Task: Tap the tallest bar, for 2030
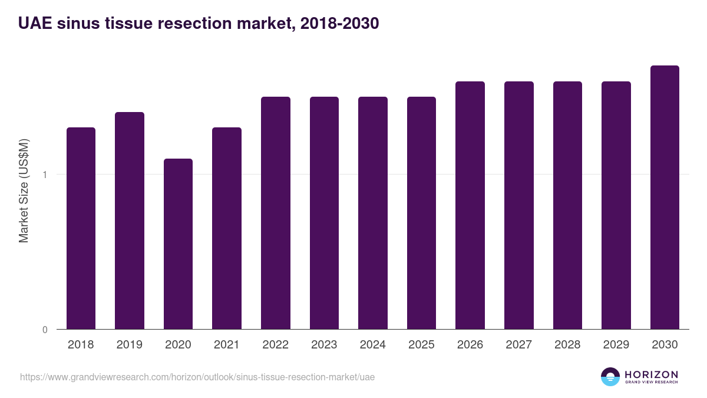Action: (x=665, y=197)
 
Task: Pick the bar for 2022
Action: (x=275, y=213)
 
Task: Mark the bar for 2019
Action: (x=130, y=221)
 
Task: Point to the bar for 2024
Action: (x=372, y=213)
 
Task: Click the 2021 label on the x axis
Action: (x=227, y=345)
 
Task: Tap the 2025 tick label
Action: (x=421, y=345)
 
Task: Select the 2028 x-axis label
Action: (x=567, y=345)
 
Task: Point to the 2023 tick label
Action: (x=324, y=345)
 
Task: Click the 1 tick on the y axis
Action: (x=45, y=175)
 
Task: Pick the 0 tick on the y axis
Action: (x=45, y=330)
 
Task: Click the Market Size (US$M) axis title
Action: (x=24, y=190)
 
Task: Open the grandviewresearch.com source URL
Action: (x=197, y=377)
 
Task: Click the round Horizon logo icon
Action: (x=610, y=377)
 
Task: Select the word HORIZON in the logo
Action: (x=651, y=374)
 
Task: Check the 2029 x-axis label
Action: (x=616, y=345)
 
